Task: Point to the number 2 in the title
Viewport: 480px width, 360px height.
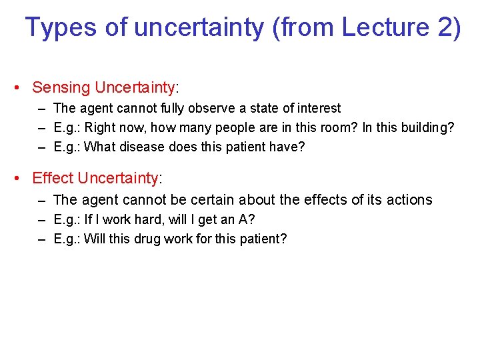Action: point(441,27)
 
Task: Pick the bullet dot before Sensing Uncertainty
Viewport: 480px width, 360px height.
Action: point(19,87)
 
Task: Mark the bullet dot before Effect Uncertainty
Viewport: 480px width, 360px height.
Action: point(19,178)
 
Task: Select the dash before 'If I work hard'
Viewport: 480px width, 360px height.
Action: point(42,219)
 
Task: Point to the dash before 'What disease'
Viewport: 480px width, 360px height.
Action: point(42,147)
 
